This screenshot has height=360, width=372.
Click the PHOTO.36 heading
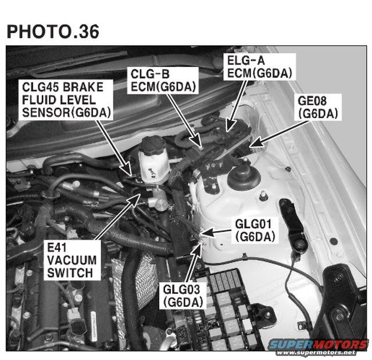[x=53, y=31]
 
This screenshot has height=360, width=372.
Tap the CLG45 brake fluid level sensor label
[x=66, y=100]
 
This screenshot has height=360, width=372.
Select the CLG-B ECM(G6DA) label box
[x=163, y=80]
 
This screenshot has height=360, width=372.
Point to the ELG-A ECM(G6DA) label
[x=260, y=67]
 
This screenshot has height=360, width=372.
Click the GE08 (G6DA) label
[x=318, y=107]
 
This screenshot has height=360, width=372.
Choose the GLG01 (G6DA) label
[x=255, y=231]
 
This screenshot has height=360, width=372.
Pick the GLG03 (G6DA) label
[x=183, y=296]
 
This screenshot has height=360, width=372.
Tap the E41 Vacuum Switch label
[x=72, y=261]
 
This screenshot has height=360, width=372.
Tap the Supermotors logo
[x=318, y=345]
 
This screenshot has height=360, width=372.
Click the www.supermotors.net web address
[x=316, y=352]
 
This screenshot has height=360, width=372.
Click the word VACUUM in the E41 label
[x=72, y=260]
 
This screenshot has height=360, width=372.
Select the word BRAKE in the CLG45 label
[x=83, y=87]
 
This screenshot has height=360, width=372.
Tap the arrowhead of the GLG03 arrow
[x=198, y=246]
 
